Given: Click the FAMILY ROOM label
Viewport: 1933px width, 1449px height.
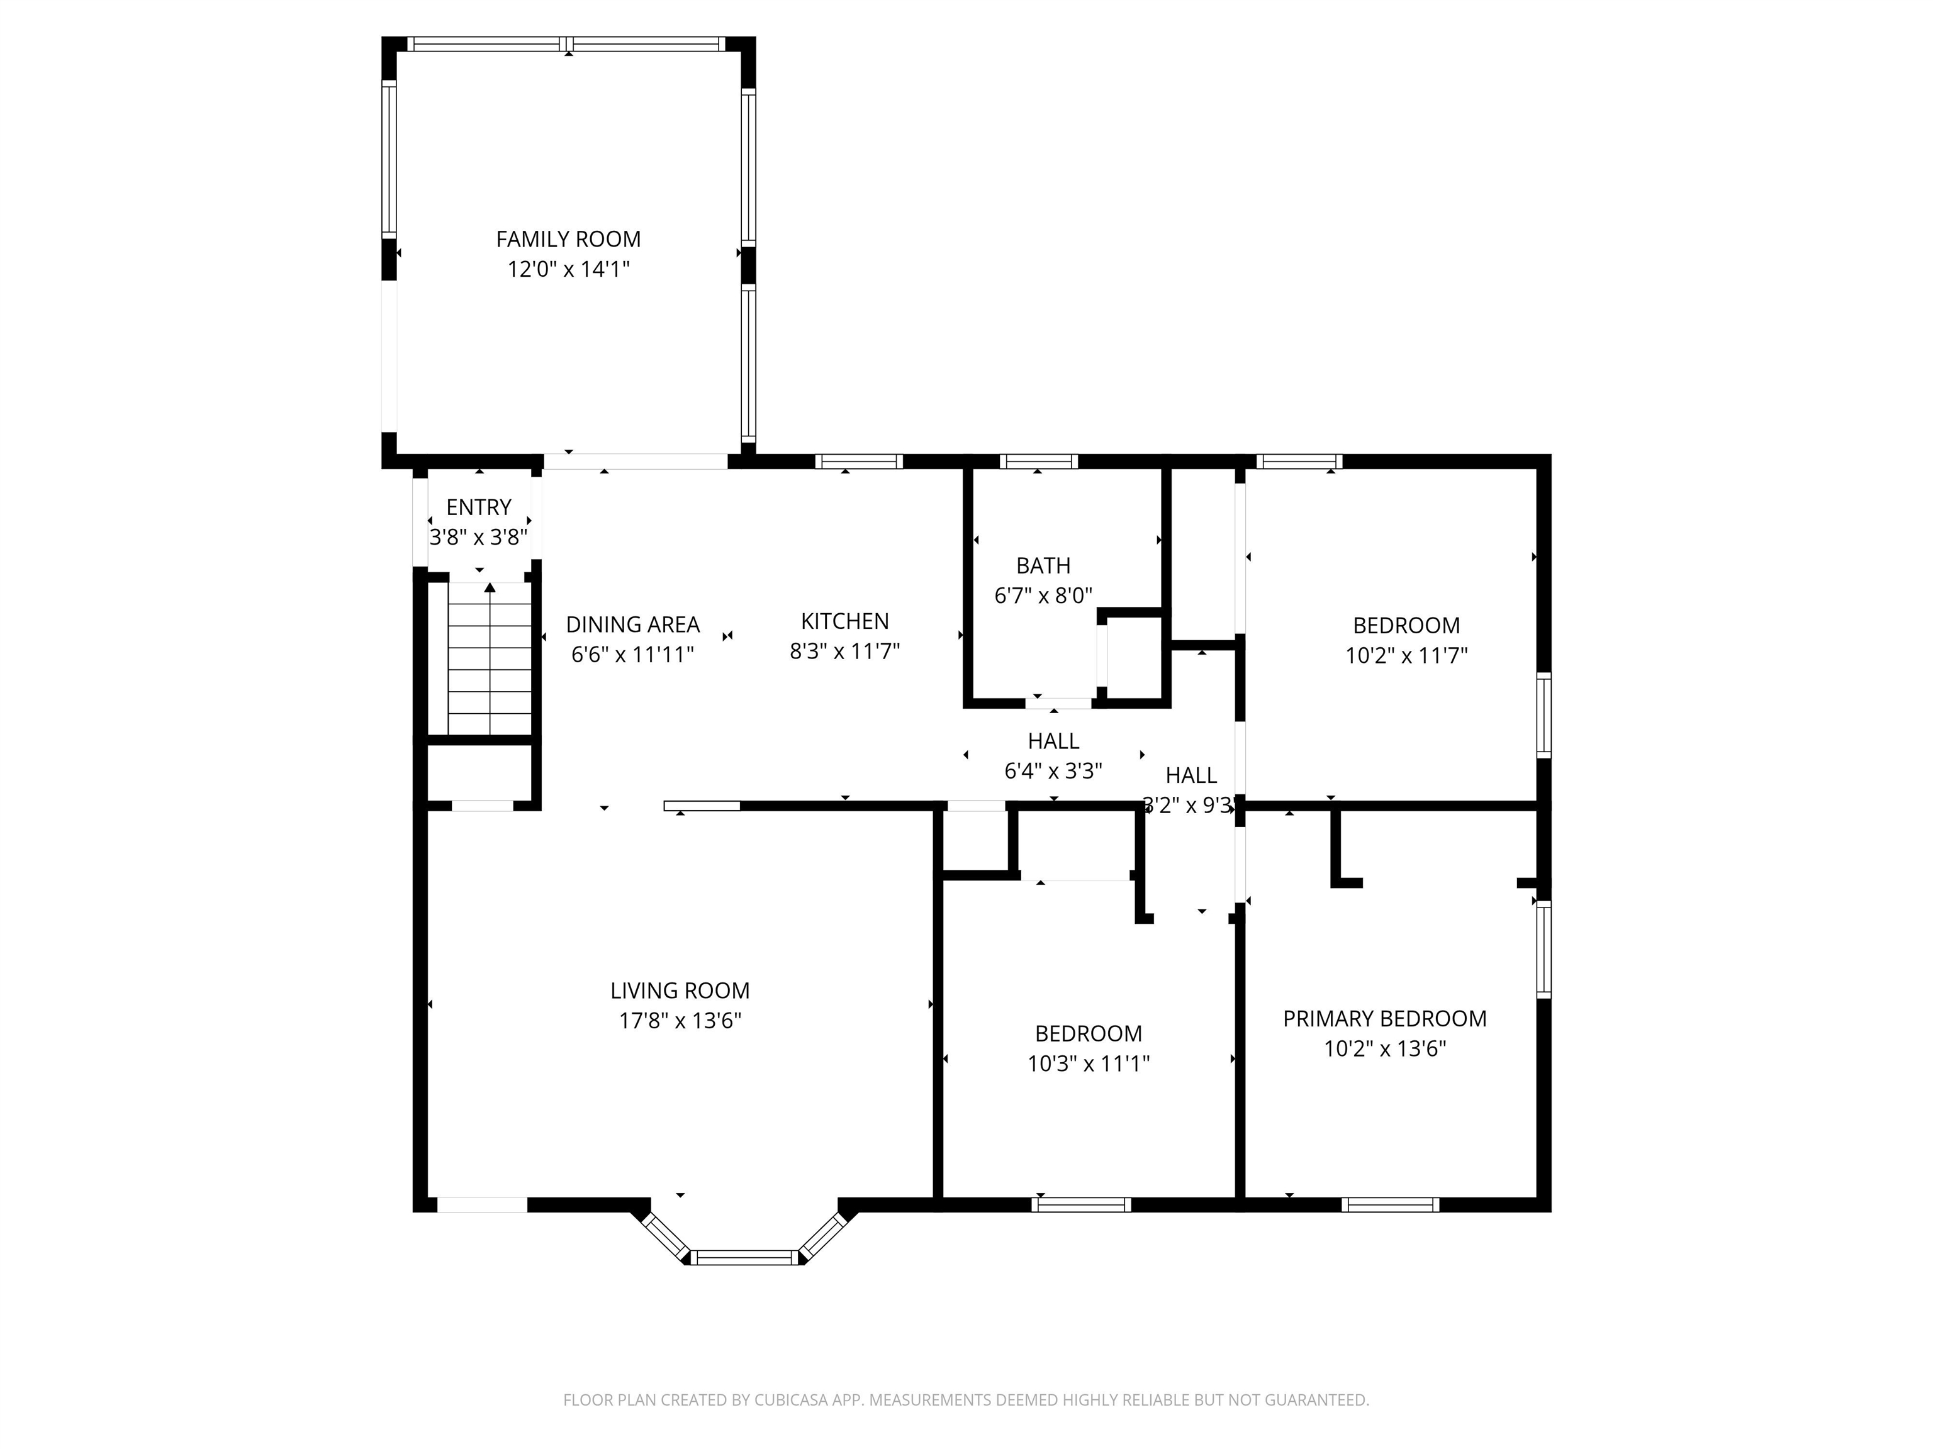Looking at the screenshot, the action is [x=568, y=240].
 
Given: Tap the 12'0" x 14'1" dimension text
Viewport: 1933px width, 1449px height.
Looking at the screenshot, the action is [x=569, y=269].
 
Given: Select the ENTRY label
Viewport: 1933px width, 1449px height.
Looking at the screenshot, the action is [x=479, y=508].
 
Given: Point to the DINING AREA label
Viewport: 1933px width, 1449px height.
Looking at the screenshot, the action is [x=632, y=625].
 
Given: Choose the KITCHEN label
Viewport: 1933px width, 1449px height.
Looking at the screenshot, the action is [x=845, y=621].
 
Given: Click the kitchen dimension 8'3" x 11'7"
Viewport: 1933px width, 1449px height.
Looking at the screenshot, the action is [x=845, y=652].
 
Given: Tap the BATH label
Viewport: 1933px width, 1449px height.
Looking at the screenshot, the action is [x=1043, y=566].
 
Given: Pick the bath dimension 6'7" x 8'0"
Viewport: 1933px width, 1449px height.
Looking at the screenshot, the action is [x=1043, y=596].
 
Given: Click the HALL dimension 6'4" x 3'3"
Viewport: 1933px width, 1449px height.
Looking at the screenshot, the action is [x=1053, y=771].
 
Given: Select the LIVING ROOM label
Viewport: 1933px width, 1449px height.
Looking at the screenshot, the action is [x=680, y=991].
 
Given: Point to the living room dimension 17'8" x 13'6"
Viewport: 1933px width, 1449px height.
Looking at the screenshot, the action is [x=680, y=1021].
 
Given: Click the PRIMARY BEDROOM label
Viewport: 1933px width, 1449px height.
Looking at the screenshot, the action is [x=1384, y=1018].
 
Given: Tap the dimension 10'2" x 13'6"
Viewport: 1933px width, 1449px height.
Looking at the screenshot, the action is [x=1385, y=1049].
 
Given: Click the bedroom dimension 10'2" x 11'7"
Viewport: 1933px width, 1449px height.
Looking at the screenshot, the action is [x=1406, y=656].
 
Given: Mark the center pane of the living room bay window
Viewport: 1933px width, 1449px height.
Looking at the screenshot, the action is [x=744, y=1257].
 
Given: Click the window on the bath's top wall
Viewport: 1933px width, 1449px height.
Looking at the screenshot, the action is [x=1038, y=461].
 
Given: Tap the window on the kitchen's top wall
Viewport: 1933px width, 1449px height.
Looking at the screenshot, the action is [x=859, y=461].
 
